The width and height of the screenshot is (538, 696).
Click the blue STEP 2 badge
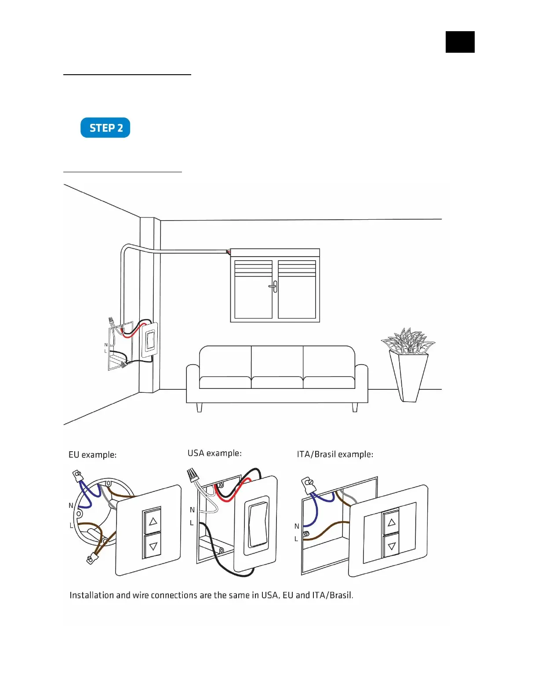pos(105,128)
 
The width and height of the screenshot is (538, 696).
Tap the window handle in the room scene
pos(274,286)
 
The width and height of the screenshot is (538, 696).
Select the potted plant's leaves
pos(407,341)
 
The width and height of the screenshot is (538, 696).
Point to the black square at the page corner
pos(460,42)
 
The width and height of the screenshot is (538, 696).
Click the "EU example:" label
pos(92,455)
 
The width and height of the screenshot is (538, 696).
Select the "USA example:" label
pos(214,453)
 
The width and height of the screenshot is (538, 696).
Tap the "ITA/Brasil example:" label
pos(335,454)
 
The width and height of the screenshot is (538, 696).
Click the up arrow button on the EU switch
pos(153,522)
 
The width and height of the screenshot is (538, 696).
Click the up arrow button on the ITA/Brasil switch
pos(391,522)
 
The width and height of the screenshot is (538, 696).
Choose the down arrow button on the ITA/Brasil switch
pos(391,547)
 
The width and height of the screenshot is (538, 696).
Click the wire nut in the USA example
pos(192,475)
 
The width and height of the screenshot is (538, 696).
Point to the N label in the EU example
pos(71,506)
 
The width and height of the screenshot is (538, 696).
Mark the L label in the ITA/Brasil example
pos(296,539)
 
